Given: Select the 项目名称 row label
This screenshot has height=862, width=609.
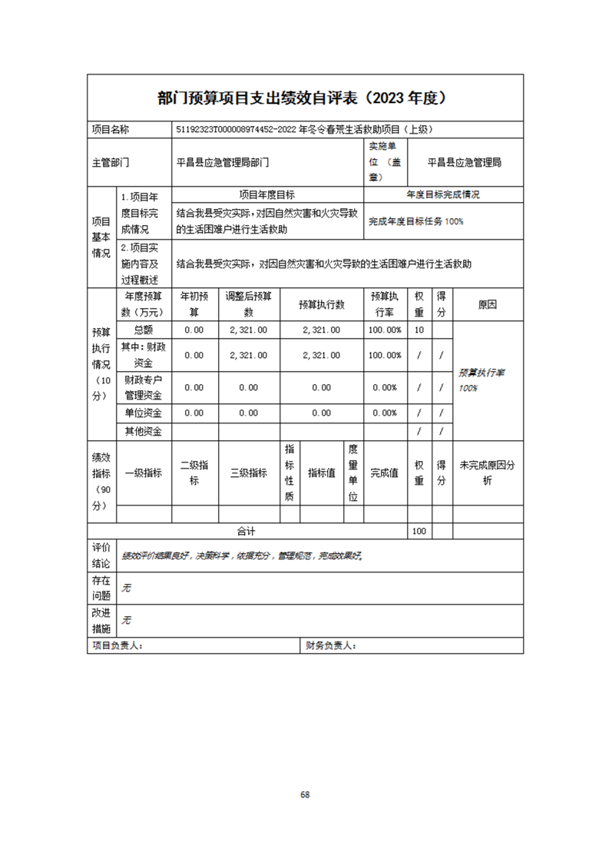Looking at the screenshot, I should coord(111,130).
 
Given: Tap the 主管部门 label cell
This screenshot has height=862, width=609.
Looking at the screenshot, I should coord(111,163).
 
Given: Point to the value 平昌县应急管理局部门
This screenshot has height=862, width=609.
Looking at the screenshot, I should coord(223,163).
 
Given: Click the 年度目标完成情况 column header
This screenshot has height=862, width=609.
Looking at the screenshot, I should coord(443,195).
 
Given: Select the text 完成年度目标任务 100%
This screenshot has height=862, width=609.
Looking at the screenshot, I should coord(416,221).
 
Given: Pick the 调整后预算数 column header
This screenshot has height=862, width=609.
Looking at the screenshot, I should coord(248,304).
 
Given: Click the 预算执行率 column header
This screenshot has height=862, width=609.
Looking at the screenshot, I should coord(385,304).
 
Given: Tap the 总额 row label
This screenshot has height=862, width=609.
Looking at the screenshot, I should coord(144,330).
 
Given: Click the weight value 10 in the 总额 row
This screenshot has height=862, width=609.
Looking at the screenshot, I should coord(419,330).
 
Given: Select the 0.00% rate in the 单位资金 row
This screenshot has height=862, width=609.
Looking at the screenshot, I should coord(385,413).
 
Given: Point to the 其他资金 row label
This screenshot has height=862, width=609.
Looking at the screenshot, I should coord(144,432).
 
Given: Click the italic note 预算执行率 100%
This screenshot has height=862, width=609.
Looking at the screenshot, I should coord(481,380).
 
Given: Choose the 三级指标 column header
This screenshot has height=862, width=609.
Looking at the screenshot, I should coord(248,473).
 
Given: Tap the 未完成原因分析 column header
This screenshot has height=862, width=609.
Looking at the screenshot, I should coord(488,473).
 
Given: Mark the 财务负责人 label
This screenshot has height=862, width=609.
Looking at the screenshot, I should coord(330,646).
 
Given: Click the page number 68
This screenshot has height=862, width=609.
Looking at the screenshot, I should coord(305,794).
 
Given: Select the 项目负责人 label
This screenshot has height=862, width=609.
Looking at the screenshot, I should coord(117,646).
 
